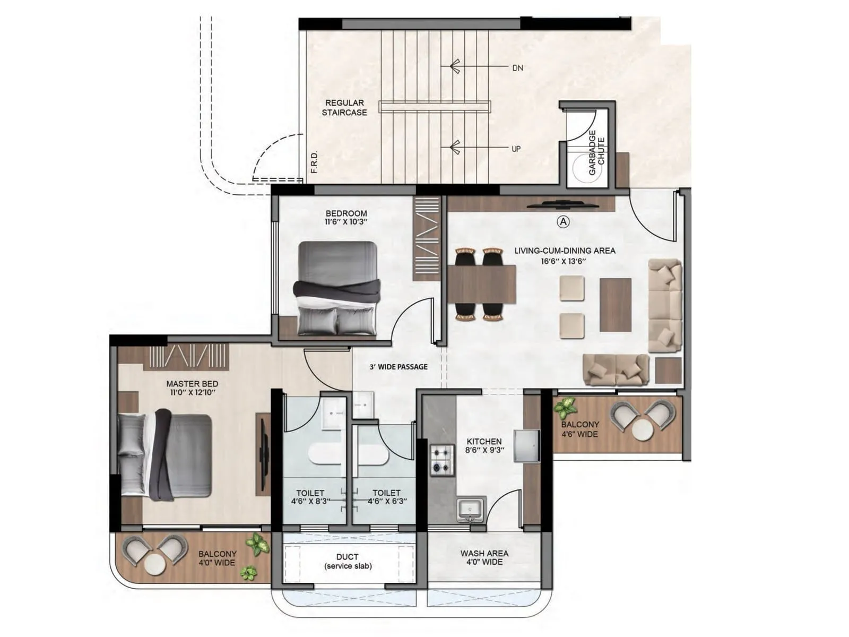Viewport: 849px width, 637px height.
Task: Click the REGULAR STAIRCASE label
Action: [344, 108]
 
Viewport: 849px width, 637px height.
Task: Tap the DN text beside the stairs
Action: [517, 68]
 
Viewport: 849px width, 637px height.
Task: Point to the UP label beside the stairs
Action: [516, 149]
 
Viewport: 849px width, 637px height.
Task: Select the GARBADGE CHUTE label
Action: [596, 152]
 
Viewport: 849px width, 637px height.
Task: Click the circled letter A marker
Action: [563, 221]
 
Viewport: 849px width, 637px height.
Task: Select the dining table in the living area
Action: [482, 284]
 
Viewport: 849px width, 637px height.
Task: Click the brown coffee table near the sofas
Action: [616, 305]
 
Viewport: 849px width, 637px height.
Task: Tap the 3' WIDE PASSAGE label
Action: [398, 367]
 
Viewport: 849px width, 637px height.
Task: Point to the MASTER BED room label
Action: [192, 383]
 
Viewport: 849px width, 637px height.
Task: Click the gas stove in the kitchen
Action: [442, 460]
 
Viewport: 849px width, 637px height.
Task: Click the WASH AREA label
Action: [484, 553]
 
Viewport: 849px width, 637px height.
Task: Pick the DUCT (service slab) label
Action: [348, 561]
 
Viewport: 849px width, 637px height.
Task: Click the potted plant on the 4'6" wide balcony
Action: [565, 408]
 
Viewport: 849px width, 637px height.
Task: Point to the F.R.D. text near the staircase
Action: [314, 163]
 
